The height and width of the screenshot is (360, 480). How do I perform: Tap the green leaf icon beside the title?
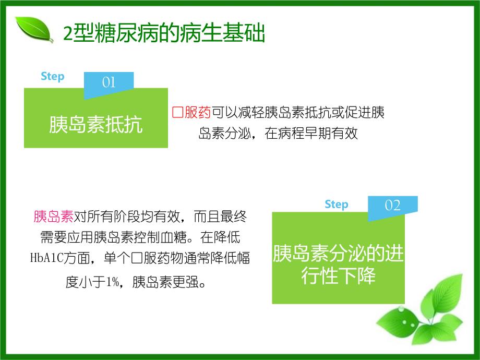point(34,30)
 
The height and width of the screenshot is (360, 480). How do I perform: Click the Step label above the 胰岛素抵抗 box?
point(53,76)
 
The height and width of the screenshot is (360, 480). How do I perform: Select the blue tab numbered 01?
point(109,82)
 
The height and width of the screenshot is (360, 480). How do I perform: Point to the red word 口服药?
point(191,113)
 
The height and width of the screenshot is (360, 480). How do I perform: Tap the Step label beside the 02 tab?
point(336,204)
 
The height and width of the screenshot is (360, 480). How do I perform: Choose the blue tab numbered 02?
point(392,205)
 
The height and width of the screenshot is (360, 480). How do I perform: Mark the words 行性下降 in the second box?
point(338,276)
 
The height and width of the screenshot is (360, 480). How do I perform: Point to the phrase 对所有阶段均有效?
point(125,216)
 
